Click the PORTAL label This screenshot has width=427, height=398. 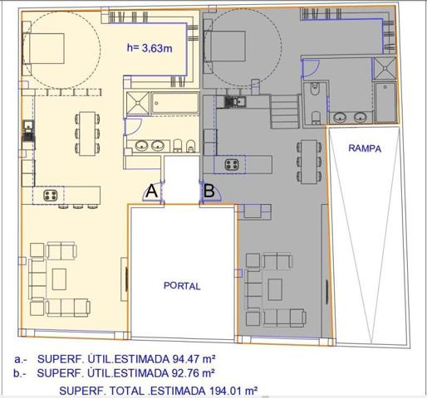point(182,286)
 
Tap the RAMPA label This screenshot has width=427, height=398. point(365,148)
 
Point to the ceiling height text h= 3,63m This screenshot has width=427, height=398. point(150,48)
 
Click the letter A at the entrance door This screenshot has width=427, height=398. point(152,191)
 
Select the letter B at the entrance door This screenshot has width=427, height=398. point(209,191)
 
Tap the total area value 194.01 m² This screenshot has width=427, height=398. point(233,391)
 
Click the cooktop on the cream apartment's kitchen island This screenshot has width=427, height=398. point(51,196)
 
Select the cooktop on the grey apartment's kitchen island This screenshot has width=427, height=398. point(232,165)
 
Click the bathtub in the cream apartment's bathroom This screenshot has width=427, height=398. point(175,103)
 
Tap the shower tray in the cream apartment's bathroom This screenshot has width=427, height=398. point(138,104)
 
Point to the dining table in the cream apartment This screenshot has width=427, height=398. point(87,133)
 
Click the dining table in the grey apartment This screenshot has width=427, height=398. point(309,162)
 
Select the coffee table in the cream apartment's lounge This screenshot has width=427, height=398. point(59,279)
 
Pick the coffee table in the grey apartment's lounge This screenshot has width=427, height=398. point(275,289)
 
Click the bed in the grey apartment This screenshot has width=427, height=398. point(224,46)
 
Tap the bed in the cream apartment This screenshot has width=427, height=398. point(43,49)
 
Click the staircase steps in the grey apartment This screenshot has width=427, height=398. point(285,111)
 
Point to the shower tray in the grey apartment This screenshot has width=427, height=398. point(385,68)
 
